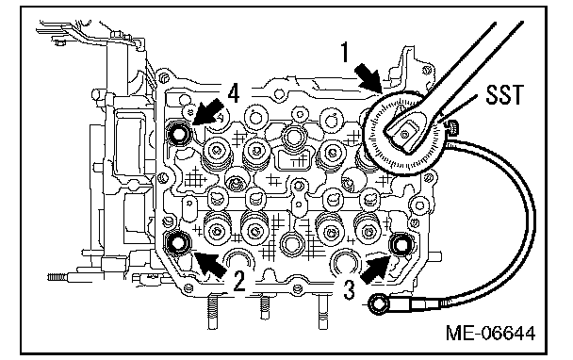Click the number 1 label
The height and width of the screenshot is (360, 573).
click(x=344, y=53)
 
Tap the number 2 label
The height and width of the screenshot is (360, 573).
click(x=239, y=281)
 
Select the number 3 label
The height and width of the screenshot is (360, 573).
click(x=350, y=290)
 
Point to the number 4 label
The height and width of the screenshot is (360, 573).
click(x=233, y=93)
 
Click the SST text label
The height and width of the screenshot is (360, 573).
click(x=504, y=94)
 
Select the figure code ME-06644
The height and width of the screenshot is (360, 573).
click(x=490, y=334)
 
